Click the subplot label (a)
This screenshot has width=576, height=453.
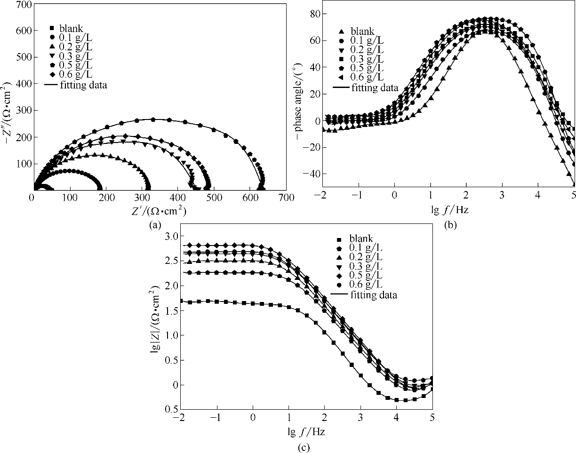(x=155, y=225)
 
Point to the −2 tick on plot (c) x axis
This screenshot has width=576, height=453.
(x=179, y=417)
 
